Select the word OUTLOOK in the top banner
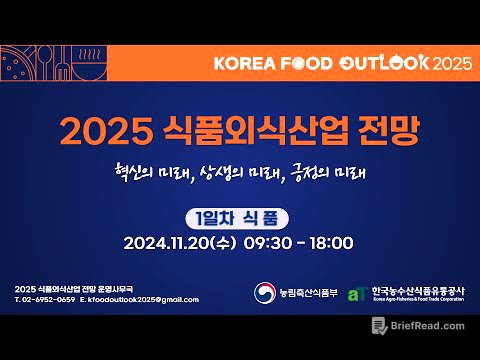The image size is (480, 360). click(x=385, y=62)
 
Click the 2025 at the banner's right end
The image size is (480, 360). click(x=452, y=62)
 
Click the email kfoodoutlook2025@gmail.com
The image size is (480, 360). click(x=135, y=299)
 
